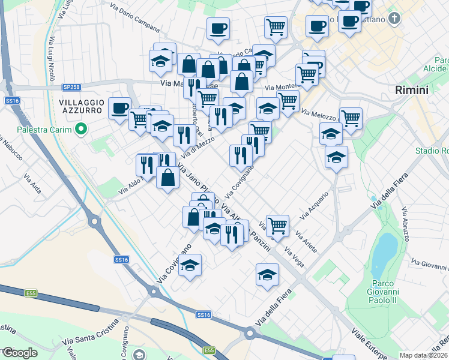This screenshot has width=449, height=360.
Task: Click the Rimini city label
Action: [412, 91]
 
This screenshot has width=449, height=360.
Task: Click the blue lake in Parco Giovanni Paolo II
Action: [384, 252]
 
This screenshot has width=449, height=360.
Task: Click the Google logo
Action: [19, 353]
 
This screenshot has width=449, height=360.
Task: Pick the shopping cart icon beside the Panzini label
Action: [277, 226]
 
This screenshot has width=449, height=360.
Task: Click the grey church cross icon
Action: [394, 19]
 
